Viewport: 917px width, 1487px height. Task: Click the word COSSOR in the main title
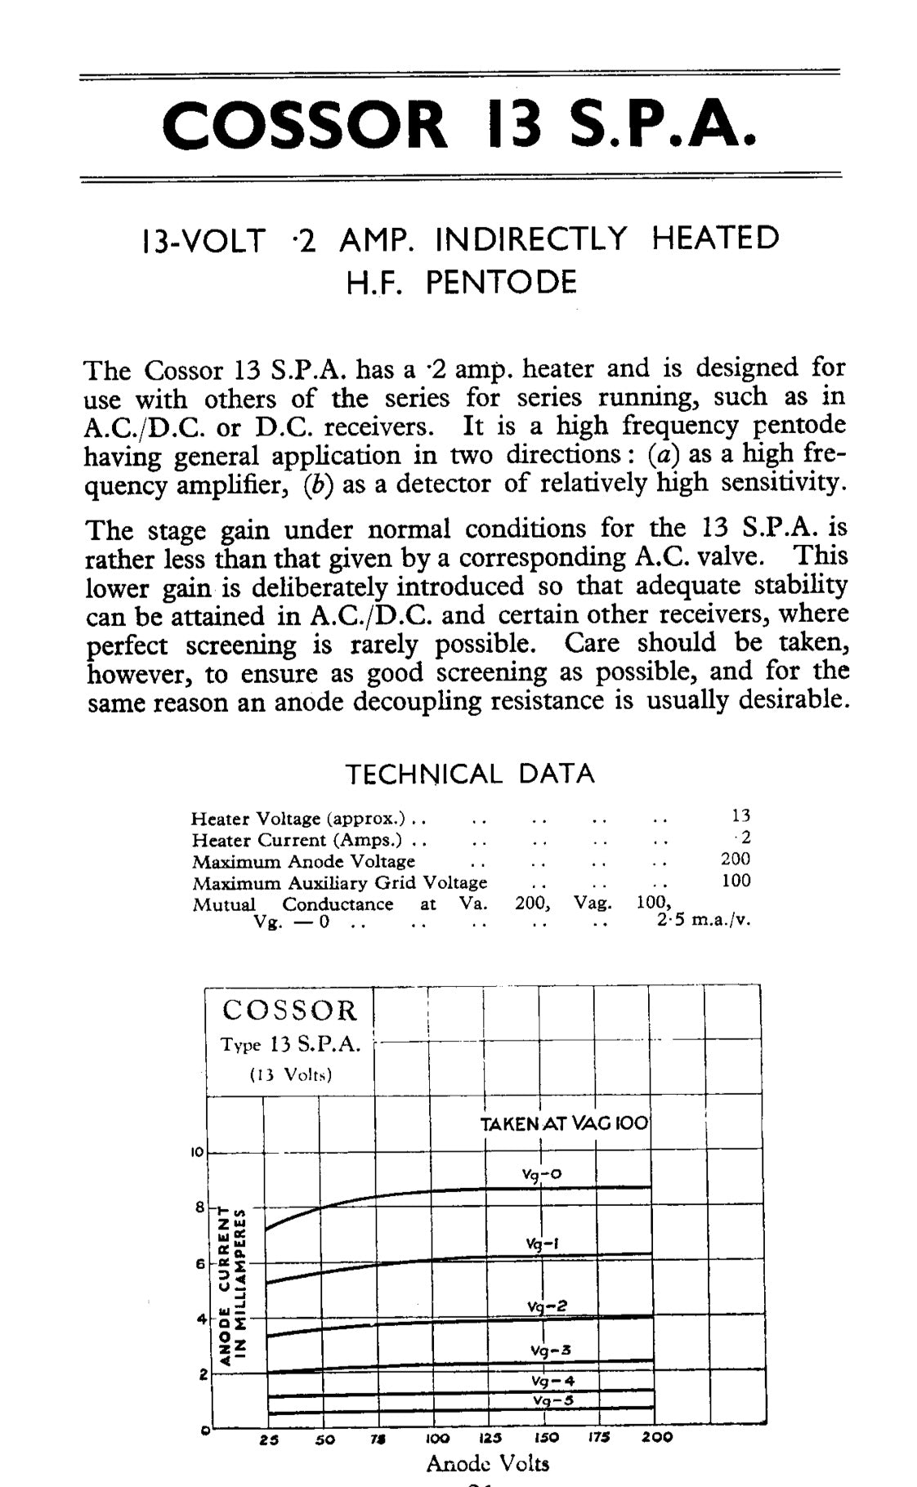pos(305,125)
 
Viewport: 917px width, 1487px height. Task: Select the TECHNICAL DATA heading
pos(470,774)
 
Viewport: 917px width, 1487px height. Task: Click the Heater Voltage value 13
pos(741,815)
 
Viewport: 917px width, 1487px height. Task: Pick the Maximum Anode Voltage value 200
pos(736,859)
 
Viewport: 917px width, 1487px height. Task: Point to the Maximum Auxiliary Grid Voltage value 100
pos(736,881)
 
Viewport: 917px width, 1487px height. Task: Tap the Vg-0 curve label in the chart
pos(541,1175)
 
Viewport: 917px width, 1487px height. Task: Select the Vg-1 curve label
pos(542,1244)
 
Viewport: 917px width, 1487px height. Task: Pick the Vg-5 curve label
pos(552,1400)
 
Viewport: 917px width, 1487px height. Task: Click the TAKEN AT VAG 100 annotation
pos(564,1124)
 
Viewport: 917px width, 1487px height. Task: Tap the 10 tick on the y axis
pos(196,1153)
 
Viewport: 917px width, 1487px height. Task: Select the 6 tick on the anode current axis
pos(199,1264)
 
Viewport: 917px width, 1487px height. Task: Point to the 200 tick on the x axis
pos(655,1437)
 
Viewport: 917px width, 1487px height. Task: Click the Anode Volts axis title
pos(487,1463)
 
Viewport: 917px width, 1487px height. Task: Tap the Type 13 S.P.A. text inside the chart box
pos(290,1045)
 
